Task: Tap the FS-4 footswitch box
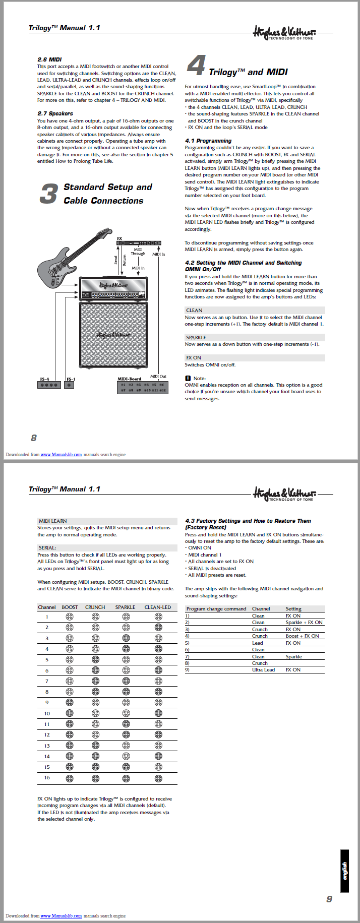pyautogui.click(x=49, y=385)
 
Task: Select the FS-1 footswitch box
pyautogui.click(x=70, y=385)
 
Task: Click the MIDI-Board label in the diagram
pyautogui.click(x=129, y=379)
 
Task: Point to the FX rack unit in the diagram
pyautogui.click(x=139, y=243)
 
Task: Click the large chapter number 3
pyautogui.click(x=49, y=194)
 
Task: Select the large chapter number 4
pyautogui.click(x=196, y=66)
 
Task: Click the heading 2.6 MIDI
pyautogui.click(x=49, y=59)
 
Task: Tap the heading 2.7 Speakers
pyautogui.click(x=55, y=113)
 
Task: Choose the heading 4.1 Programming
pyautogui.click(x=208, y=141)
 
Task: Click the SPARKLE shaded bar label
pyautogui.click(x=196, y=337)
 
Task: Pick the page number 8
pyautogui.click(x=34, y=438)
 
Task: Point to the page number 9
pyautogui.click(x=329, y=899)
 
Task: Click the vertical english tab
pyautogui.click(x=345, y=871)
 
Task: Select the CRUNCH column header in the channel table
pyautogui.click(x=95, y=607)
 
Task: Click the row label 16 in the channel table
pyautogui.click(x=47, y=777)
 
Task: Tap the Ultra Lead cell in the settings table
pyautogui.click(x=263, y=669)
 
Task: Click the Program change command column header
pyautogui.click(x=216, y=608)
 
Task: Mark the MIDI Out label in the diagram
pyautogui.click(x=158, y=376)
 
